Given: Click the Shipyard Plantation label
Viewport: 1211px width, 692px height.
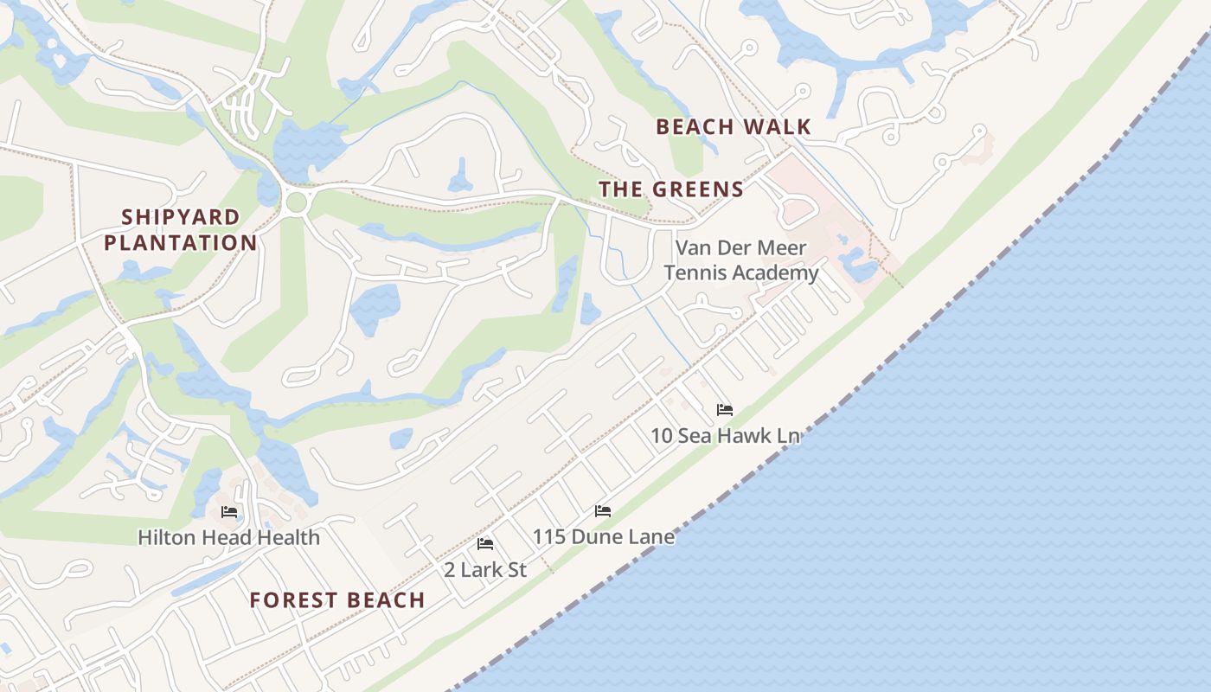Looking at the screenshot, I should coord(180,230).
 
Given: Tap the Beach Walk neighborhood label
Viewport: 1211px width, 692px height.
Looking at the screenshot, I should coord(733,127).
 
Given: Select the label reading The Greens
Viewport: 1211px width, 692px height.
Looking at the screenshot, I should coord(670,189).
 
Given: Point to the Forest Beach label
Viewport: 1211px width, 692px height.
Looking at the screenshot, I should coord(337,599).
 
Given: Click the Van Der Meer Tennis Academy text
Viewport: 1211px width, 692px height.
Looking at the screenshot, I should coord(746,260).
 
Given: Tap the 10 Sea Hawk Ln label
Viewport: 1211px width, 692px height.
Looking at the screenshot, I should coord(725,435).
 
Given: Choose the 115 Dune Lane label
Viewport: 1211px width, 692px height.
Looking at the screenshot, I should coord(603,536).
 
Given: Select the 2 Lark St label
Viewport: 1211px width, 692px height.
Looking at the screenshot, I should coord(485,569).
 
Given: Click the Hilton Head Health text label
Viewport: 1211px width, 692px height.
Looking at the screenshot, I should coord(229,537).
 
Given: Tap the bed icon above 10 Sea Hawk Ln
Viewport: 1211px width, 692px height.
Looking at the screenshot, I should coord(725,409).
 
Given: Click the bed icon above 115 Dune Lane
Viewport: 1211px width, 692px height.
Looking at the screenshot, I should coord(603,511).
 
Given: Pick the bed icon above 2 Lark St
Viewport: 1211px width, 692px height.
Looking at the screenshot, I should coord(485,544).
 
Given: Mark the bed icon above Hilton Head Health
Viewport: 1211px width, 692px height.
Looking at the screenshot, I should coord(229,512).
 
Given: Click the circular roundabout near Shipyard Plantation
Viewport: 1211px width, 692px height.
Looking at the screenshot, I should coord(296,203).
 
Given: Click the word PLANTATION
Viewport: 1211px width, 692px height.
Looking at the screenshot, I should coord(180,243).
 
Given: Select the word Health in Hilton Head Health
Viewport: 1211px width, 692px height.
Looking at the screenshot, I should coord(291,537).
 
